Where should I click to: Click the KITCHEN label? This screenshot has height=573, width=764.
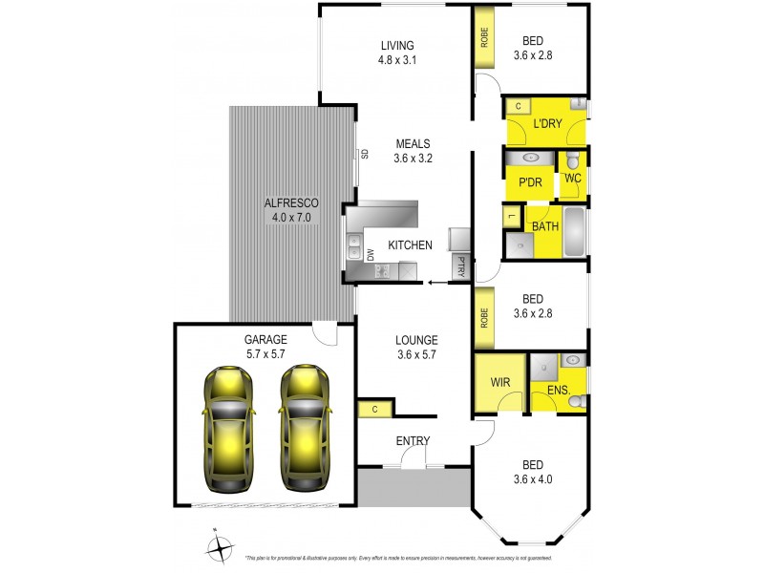click(x=411, y=245)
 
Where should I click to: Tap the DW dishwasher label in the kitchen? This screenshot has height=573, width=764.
click(x=371, y=254)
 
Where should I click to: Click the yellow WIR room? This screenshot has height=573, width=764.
click(x=499, y=383)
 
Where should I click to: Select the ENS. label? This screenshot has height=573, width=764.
click(x=559, y=390)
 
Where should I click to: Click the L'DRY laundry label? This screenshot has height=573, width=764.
click(x=547, y=123)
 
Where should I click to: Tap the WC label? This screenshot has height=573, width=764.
click(x=573, y=178)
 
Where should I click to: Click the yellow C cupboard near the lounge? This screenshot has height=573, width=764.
click(x=375, y=411)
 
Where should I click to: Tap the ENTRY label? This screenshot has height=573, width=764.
click(x=413, y=440)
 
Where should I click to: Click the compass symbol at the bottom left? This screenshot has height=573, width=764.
click(x=221, y=548)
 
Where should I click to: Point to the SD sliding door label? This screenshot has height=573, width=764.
click(x=365, y=154)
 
